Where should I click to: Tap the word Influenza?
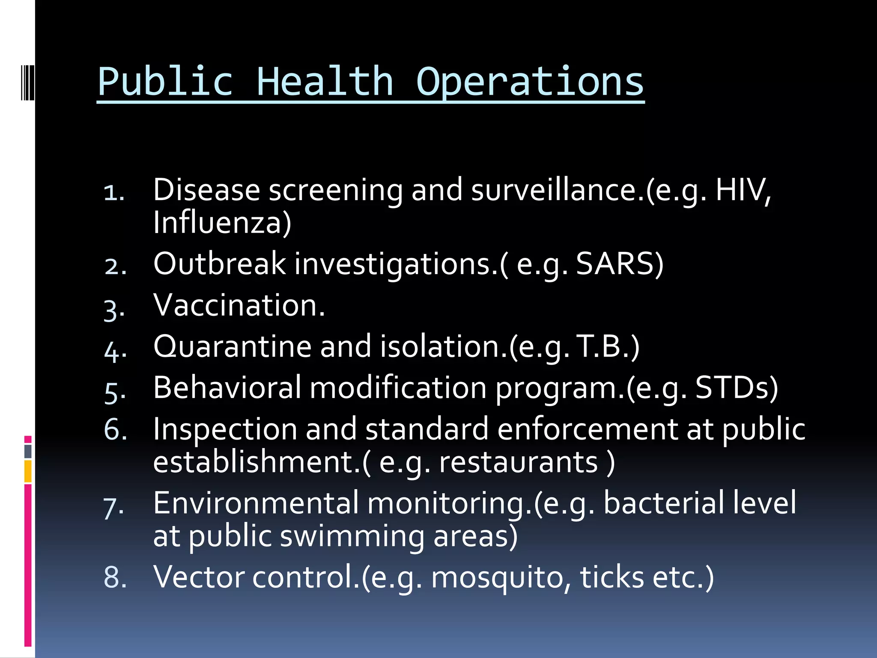(x=222, y=223)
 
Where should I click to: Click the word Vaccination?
(x=239, y=305)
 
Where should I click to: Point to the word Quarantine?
(x=232, y=346)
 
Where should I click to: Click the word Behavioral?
(x=227, y=388)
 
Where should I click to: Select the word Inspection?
(x=225, y=429)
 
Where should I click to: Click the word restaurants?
(x=519, y=462)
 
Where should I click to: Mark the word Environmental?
(x=256, y=503)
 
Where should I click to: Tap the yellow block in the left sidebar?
(x=28, y=471)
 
